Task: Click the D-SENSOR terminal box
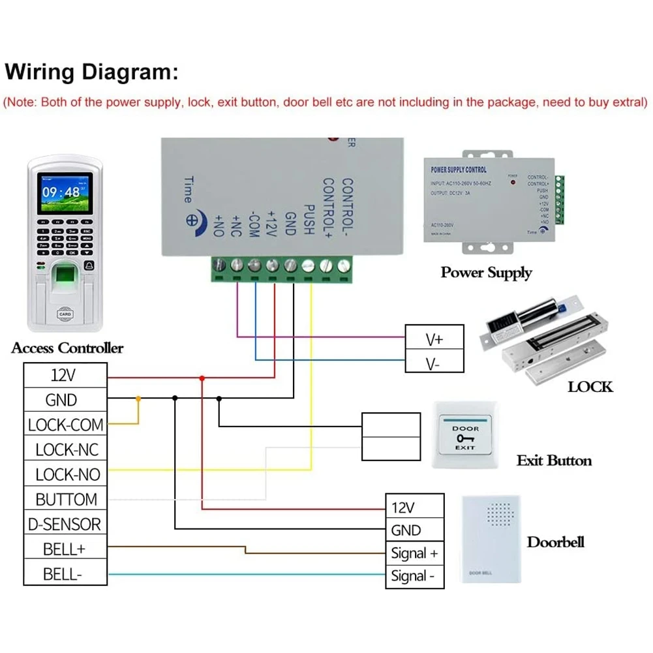pyautogui.click(x=65, y=524)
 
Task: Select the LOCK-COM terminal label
pyautogui.click(x=65, y=425)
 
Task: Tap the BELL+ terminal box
pyautogui.click(x=65, y=549)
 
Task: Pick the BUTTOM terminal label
pyautogui.click(x=65, y=500)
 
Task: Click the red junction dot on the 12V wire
pyautogui.click(x=202, y=378)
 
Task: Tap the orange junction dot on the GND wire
pyautogui.click(x=138, y=398)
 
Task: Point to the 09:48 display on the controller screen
pyautogui.click(x=61, y=192)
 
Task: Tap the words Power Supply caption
pyautogui.click(x=486, y=273)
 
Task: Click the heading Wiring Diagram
pyautogui.click(x=91, y=71)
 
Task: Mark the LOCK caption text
pyautogui.click(x=590, y=387)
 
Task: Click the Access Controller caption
pyautogui.click(x=67, y=348)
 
